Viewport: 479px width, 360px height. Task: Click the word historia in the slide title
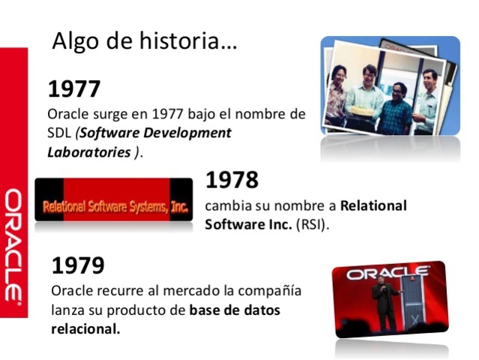pyautogui.click(x=194, y=42)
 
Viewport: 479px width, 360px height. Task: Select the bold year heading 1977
pyautogui.click(x=74, y=89)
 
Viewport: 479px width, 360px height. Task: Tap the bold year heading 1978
pyautogui.click(x=232, y=180)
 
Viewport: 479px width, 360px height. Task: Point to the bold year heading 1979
pyautogui.click(x=77, y=265)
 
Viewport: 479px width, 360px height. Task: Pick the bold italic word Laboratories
pyautogui.click(x=89, y=152)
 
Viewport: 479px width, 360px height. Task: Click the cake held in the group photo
pyautogui.click(x=363, y=109)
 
